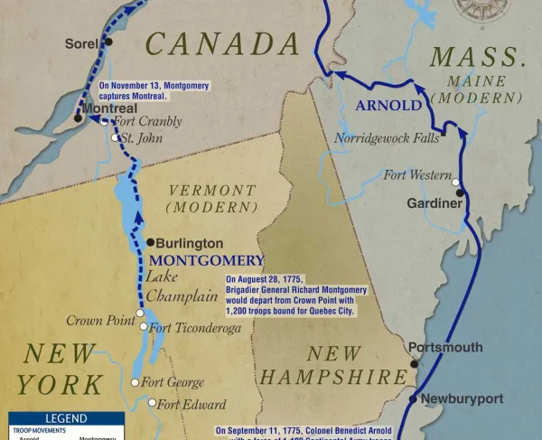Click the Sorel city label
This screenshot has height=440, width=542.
pyautogui.click(x=80, y=43)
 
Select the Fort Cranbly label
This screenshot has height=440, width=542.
pyautogui.click(x=147, y=121)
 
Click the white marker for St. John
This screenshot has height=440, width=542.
pyautogui.click(x=115, y=138)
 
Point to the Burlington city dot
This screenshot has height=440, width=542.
pyautogui.click(x=150, y=243)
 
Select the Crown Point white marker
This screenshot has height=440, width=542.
pyautogui.click(x=140, y=314)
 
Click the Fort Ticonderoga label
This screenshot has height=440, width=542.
pyautogui.click(x=195, y=328)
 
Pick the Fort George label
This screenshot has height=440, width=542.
pyautogui.click(x=173, y=382)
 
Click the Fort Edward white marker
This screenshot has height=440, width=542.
pyautogui.click(x=152, y=404)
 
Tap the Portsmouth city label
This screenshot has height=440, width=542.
pyautogui.click(x=445, y=348)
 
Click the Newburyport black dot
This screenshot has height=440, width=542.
pyautogui.click(x=413, y=398)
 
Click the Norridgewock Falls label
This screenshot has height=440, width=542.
pyautogui.click(x=386, y=138)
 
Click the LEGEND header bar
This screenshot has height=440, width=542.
pyautogui.click(x=66, y=419)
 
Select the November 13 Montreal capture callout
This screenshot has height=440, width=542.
pyautogui.click(x=154, y=90)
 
